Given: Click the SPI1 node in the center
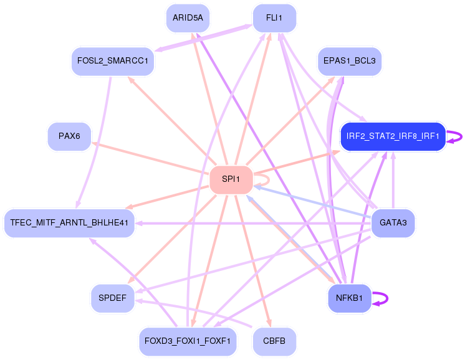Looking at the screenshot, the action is [231, 179].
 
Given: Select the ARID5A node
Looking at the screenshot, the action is [188, 18].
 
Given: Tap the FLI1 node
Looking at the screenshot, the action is [274, 18].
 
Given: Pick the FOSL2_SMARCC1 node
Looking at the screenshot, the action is [113, 61].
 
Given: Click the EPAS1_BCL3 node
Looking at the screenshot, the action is [349, 61].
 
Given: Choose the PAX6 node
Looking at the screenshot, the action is [69, 136].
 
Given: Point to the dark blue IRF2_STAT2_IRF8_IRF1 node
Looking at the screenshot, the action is [393, 136].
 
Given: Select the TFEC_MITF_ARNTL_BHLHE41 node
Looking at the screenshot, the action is [69, 223].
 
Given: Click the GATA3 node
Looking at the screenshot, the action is [393, 223].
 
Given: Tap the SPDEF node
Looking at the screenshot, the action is [113, 298].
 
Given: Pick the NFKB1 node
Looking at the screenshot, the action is [349, 298].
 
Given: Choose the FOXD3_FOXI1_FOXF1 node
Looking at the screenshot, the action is [188, 341].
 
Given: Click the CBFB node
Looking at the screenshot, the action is [274, 341].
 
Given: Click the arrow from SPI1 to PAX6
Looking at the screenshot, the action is [150, 158].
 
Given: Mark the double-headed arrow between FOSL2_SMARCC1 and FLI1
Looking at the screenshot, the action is [203, 38].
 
